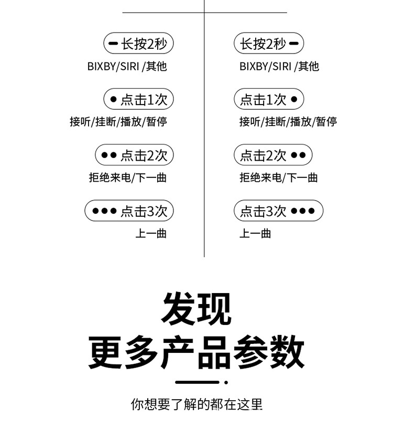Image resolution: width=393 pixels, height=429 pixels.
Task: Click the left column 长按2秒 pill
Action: pos(138,44)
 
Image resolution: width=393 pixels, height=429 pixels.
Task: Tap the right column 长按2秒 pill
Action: pos(269,44)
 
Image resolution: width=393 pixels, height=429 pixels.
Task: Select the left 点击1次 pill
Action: pos(138,99)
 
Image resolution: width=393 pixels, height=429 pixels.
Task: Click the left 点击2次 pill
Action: pos(134,155)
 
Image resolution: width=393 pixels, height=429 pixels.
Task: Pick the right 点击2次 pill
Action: pos(273,155)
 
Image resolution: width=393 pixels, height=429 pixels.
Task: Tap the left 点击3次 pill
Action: pos(129,211)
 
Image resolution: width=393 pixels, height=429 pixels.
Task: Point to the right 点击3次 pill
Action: pos(278,211)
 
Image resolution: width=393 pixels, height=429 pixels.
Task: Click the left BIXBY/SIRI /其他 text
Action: pos(127,67)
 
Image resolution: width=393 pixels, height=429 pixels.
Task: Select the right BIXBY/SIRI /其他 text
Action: pos(279,67)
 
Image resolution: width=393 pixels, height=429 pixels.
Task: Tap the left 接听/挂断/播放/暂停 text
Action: pos(118,122)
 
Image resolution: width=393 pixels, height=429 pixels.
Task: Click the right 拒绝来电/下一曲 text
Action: pos(279,177)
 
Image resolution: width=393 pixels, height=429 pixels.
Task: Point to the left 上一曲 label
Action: pos(151,234)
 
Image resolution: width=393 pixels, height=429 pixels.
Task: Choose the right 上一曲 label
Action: pos(255,234)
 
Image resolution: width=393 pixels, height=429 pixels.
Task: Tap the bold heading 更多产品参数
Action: pos(196,351)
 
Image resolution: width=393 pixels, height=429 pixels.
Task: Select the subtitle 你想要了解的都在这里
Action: pos(196,404)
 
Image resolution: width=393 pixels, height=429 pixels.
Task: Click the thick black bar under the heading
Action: pos(196,382)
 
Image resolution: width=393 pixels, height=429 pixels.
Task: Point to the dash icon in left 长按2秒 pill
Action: pos(113,44)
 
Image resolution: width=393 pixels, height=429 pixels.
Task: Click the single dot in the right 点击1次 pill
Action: pos(294,99)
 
